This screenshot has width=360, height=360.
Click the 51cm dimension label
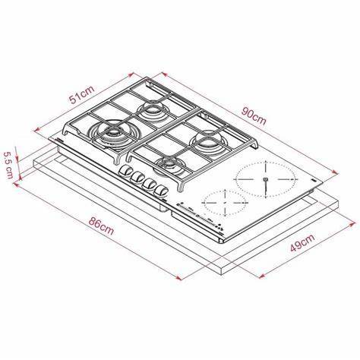[x=82, y=94]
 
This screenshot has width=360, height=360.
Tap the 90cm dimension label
[x=254, y=116]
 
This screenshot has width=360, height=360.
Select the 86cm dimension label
[x=101, y=226]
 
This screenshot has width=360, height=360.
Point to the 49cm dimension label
[x=302, y=242]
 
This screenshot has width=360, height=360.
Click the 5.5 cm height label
[x=8, y=165]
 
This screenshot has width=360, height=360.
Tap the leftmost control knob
[x=125, y=170]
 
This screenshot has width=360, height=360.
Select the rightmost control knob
[x=162, y=190]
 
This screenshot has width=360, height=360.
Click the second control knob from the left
[x=137, y=177]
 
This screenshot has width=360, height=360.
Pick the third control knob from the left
[x=149, y=184]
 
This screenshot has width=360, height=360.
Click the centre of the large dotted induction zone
[x=265, y=179]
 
